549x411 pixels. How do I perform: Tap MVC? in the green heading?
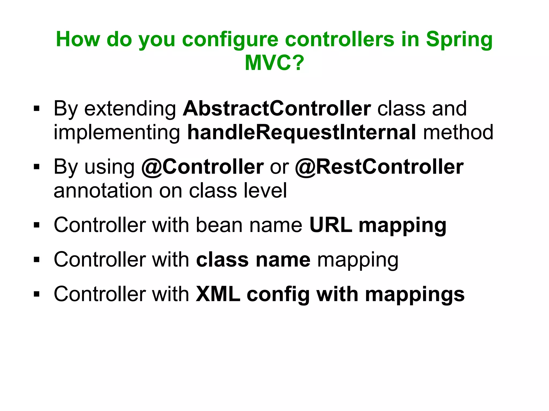click(274, 63)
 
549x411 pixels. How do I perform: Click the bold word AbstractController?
click(277, 109)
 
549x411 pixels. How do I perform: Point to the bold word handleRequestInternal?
click(302, 132)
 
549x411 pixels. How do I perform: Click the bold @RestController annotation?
click(379, 167)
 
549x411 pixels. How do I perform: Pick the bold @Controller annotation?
click(202, 167)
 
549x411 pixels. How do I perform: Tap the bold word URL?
click(331, 225)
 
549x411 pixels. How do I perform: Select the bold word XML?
click(218, 294)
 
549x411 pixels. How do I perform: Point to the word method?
click(458, 132)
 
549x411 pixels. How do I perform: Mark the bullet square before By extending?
click(37, 109)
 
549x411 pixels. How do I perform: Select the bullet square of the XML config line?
click(37, 294)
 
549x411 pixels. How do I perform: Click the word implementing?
click(117, 133)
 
